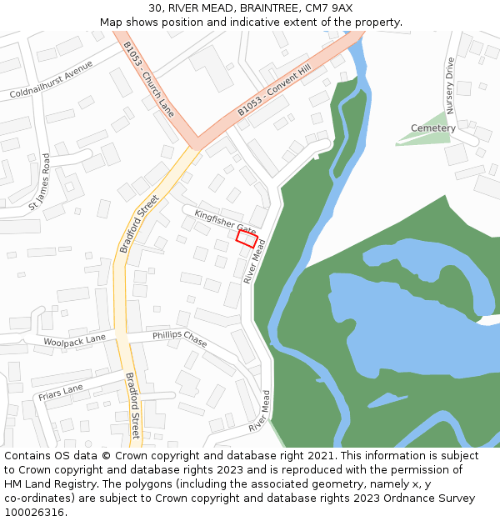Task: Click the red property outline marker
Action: click(246, 239)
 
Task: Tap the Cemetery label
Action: click(433, 128)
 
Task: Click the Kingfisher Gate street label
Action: click(225, 221)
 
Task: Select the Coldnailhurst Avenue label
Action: click(52, 82)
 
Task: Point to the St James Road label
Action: click(40, 181)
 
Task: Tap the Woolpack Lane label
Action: click(75, 339)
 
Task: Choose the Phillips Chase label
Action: click(179, 338)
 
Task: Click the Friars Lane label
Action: click(61, 390)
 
